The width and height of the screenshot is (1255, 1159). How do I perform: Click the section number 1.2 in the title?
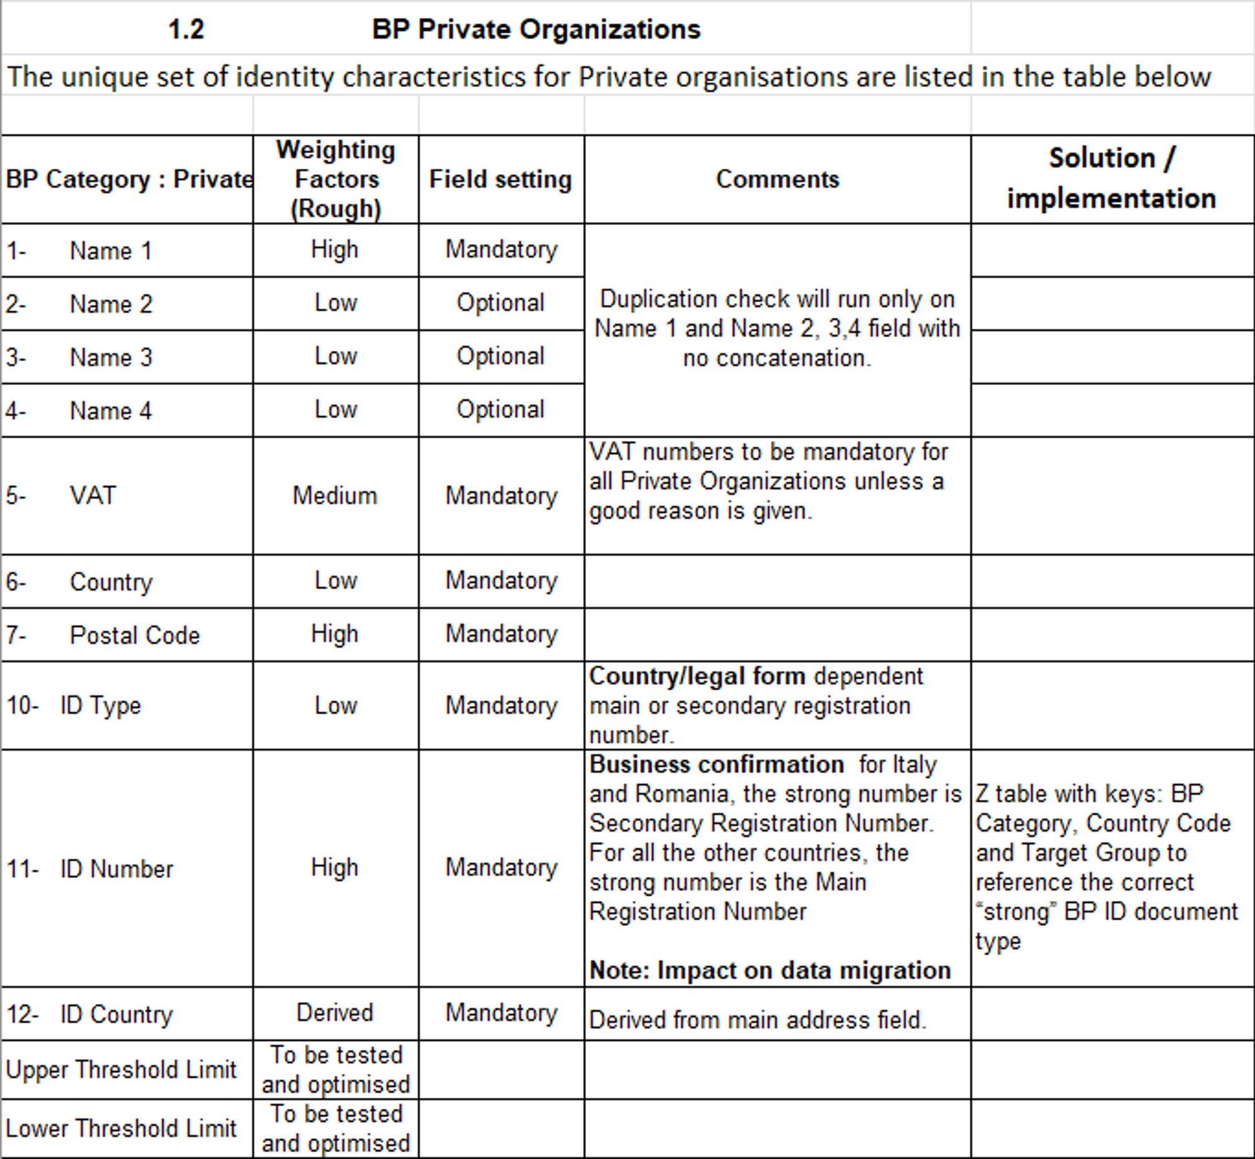tap(186, 29)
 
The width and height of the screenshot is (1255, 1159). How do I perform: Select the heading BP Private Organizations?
tap(536, 29)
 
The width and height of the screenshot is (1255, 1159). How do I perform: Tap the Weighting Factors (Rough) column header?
tap(336, 179)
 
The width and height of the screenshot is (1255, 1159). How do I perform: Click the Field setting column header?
tap(500, 179)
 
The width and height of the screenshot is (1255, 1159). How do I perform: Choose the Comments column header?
tap(777, 179)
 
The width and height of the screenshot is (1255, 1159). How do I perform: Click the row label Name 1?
tap(110, 251)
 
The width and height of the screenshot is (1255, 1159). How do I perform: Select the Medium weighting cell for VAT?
tap(335, 496)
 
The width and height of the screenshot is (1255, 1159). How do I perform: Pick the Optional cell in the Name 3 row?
tap(500, 356)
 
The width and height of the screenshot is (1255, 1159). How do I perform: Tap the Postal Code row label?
tap(134, 635)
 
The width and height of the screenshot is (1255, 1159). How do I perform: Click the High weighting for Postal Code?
tap(335, 634)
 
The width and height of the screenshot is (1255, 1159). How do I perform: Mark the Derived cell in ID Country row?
tap(335, 1013)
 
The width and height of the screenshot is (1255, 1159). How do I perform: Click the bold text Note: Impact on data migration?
tap(770, 970)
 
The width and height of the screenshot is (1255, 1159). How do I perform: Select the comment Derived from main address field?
tap(757, 1020)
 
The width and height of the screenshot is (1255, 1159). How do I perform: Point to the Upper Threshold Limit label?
tap(121, 1069)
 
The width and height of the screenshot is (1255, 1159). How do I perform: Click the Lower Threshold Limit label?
tap(121, 1128)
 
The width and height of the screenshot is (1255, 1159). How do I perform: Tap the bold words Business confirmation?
tap(717, 765)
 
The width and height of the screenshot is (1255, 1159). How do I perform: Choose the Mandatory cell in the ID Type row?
tap(501, 706)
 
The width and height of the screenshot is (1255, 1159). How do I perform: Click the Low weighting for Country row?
tap(336, 581)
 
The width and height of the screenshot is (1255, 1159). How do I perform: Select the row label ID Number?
tap(116, 869)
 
